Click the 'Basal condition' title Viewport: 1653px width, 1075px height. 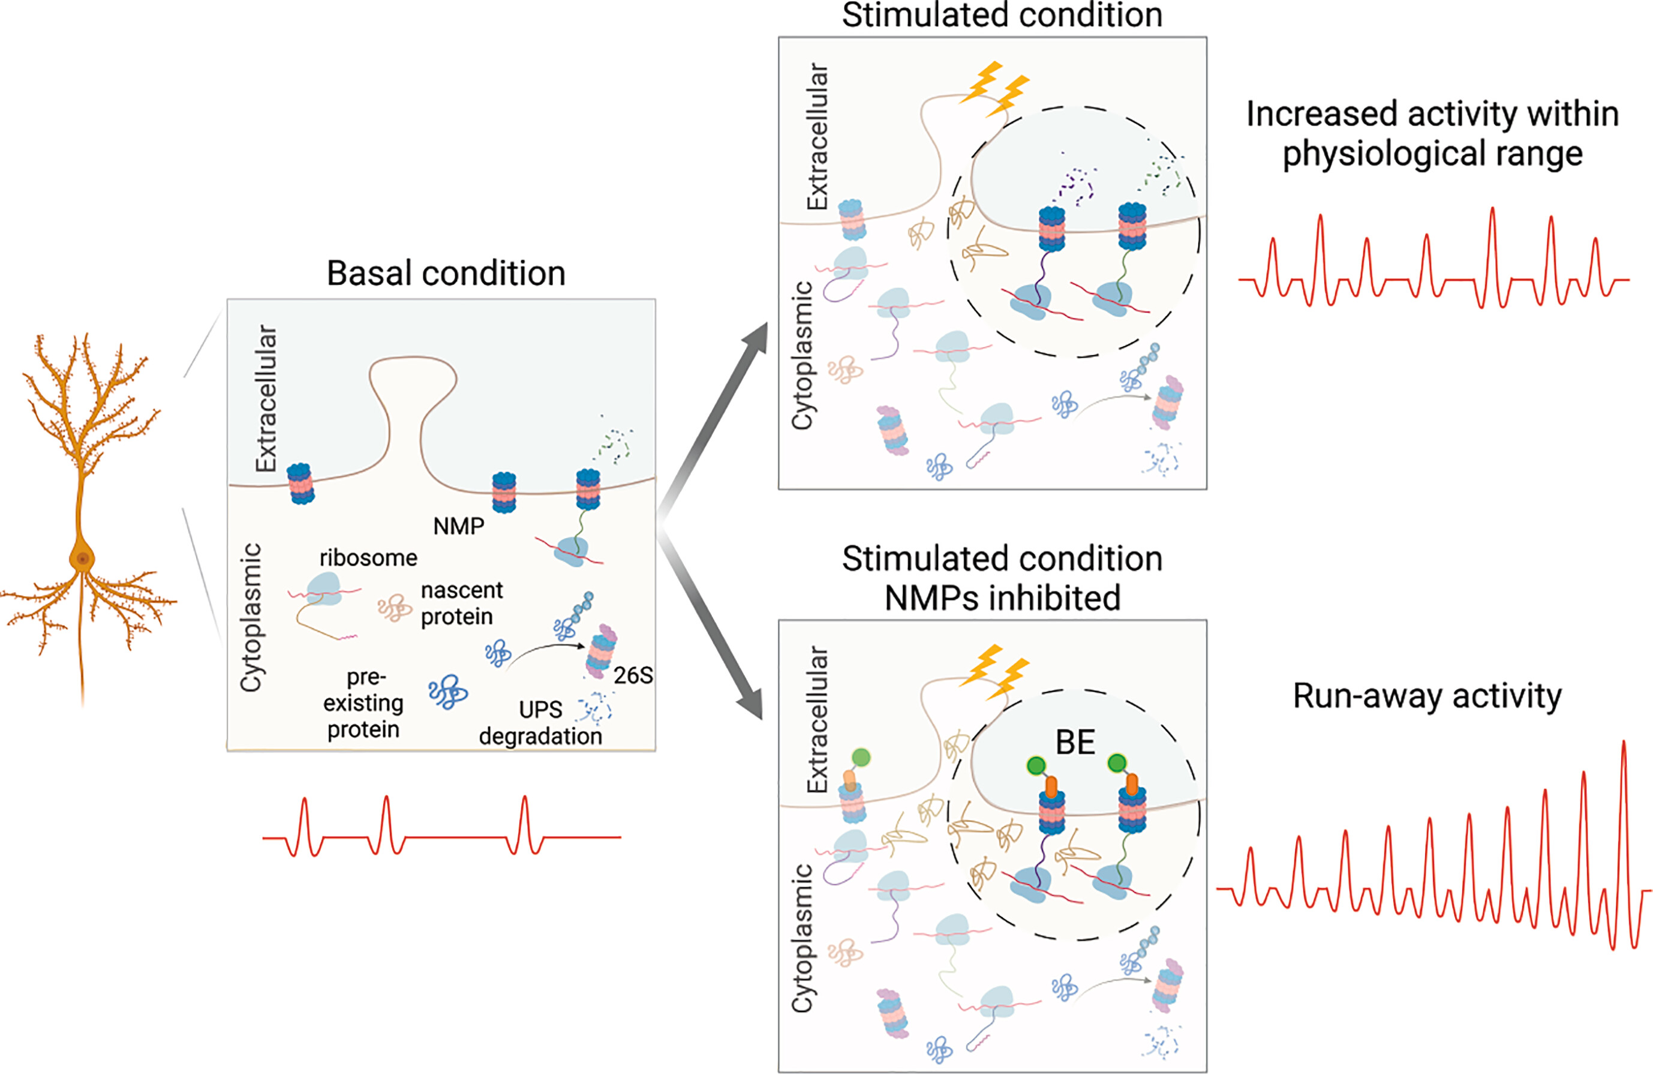pos(446,274)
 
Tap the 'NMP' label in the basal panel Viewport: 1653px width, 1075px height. pos(458,526)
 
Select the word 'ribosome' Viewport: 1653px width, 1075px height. pos(368,558)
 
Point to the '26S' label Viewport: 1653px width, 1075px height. pos(633,675)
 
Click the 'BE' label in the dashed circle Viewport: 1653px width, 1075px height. pos(1075,742)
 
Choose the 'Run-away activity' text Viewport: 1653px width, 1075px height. pos(1427,696)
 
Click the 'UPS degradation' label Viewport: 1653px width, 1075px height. pos(540,723)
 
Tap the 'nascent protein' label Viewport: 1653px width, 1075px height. pos(461,603)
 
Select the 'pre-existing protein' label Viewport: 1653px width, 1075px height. pos(363,703)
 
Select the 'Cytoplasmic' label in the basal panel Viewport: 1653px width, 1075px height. pos(251,617)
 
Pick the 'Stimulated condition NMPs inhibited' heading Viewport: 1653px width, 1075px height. pos(1002,578)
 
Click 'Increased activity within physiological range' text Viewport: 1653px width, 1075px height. pos(1432,133)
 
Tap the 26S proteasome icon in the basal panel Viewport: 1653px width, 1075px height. pos(601,651)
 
